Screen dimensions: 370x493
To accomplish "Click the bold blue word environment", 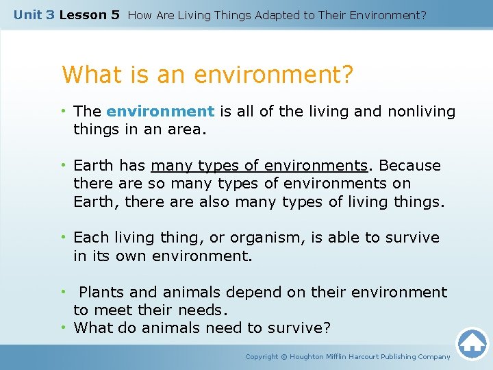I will click(x=160, y=112).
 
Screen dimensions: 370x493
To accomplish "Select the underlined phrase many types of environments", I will click(x=260, y=166).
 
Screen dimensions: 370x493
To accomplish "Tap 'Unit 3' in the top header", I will click(x=34, y=14).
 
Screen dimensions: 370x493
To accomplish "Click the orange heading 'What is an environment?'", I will click(x=208, y=74).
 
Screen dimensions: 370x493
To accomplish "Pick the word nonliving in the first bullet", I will click(x=421, y=112).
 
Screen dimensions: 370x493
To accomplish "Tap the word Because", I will click(x=409, y=166).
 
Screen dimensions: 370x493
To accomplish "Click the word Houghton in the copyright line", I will click(x=312, y=356).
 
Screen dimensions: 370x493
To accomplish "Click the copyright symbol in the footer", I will click(x=284, y=356).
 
